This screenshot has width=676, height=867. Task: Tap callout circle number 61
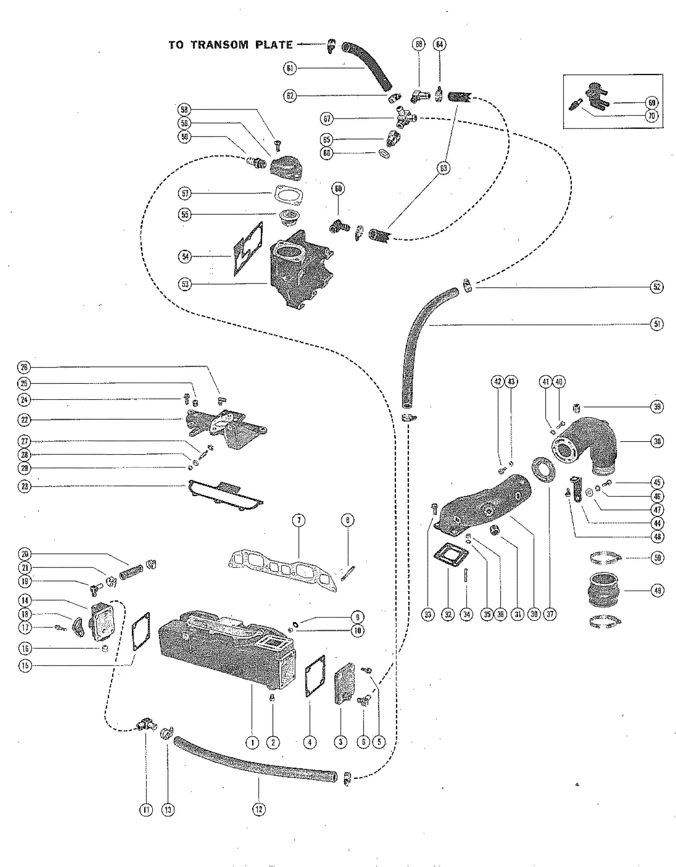point(290,69)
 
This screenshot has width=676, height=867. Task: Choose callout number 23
point(24,487)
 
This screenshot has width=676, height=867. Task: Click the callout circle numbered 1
point(252,742)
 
